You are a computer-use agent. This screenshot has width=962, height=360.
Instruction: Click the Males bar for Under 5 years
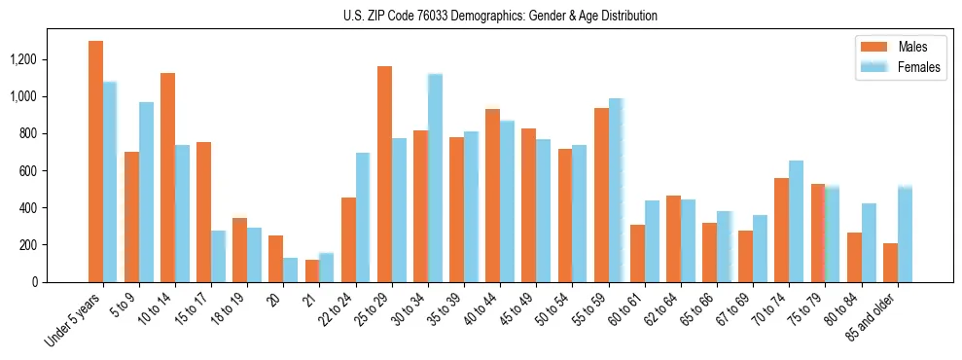[x=95, y=162]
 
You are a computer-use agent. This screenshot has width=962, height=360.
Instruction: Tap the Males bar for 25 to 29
[x=384, y=174]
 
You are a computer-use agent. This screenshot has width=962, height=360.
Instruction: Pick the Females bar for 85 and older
[x=905, y=234]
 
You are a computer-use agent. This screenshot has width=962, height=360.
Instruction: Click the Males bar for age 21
[x=312, y=270]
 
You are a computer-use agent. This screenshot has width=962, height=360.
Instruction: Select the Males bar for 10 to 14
[x=167, y=177]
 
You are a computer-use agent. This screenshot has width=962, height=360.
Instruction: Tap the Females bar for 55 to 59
[x=616, y=190]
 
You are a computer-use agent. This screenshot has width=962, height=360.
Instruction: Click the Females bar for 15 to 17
[x=219, y=256]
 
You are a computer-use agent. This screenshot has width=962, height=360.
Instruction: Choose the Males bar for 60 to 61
[x=637, y=253]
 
